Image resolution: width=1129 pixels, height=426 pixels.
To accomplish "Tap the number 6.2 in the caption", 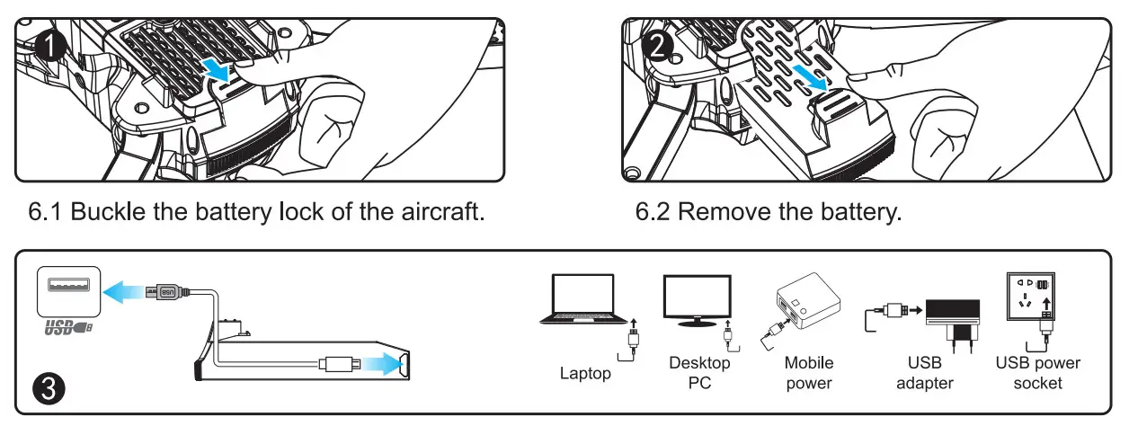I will (655, 213).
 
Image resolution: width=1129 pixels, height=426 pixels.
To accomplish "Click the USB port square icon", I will (64, 289).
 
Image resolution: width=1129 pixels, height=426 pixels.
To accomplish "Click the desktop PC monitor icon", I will (698, 300).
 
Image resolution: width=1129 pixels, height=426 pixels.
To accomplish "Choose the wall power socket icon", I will (1033, 297).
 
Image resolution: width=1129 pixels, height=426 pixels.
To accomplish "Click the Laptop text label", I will (584, 373).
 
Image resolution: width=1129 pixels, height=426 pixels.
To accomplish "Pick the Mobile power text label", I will (809, 373).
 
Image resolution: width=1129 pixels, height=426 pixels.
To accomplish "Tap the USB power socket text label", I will (1038, 373).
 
